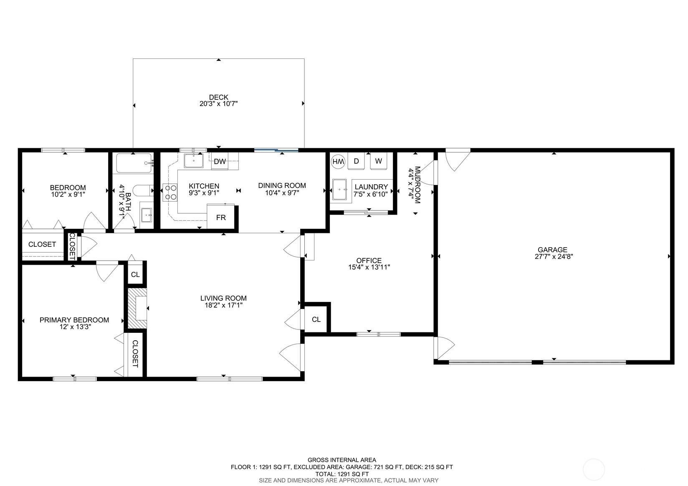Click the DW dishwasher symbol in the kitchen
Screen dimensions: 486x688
(x=220, y=162)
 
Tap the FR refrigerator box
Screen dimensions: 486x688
(x=220, y=218)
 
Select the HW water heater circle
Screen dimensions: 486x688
(x=339, y=161)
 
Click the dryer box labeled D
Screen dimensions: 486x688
(x=356, y=161)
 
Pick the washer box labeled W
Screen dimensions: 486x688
(x=378, y=161)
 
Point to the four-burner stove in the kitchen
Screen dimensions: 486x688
(x=170, y=192)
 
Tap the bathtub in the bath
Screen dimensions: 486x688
(x=134, y=163)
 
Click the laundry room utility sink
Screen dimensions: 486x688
(x=339, y=190)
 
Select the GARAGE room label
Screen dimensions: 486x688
(x=552, y=250)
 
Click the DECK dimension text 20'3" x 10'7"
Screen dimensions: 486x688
(x=218, y=104)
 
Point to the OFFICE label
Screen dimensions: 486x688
(x=369, y=261)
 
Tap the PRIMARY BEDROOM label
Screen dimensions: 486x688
(x=74, y=320)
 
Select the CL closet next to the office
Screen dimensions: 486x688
(x=316, y=319)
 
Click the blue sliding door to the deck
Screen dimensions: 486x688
(x=276, y=149)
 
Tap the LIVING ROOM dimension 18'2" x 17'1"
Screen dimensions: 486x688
(x=223, y=305)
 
